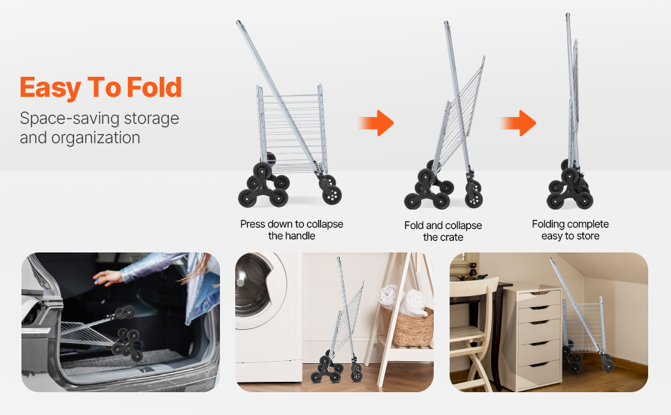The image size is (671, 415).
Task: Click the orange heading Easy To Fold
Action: (x=101, y=88)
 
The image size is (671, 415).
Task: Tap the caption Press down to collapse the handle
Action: (x=291, y=230)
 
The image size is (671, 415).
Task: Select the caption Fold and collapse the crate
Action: (x=443, y=231)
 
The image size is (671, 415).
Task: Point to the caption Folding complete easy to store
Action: (x=571, y=230)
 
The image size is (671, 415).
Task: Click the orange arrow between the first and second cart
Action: (x=376, y=123)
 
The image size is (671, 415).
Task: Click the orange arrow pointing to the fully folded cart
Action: (x=518, y=123)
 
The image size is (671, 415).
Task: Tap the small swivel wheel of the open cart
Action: (x=331, y=191)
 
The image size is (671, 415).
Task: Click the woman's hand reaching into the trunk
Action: (x=107, y=277)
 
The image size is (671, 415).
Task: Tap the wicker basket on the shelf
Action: (x=407, y=326)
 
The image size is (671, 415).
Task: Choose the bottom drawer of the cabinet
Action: (x=539, y=373)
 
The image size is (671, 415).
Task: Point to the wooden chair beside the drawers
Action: (x=471, y=334)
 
